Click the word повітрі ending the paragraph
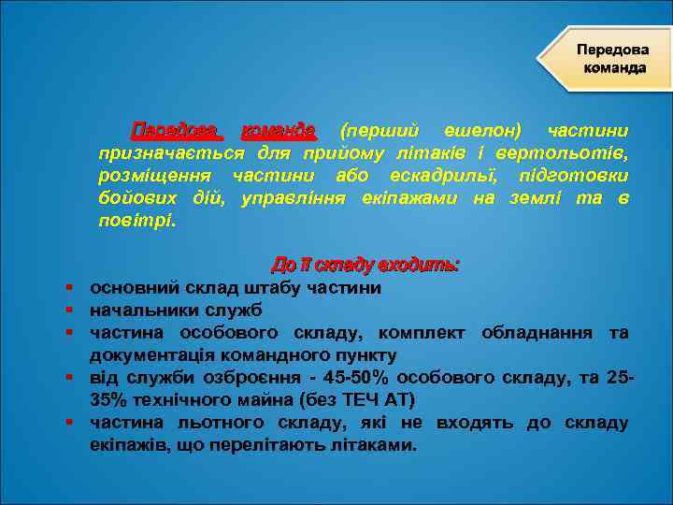135,222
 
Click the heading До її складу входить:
365,265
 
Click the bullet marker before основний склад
70,288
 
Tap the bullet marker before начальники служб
70,310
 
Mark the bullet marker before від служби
70,378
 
